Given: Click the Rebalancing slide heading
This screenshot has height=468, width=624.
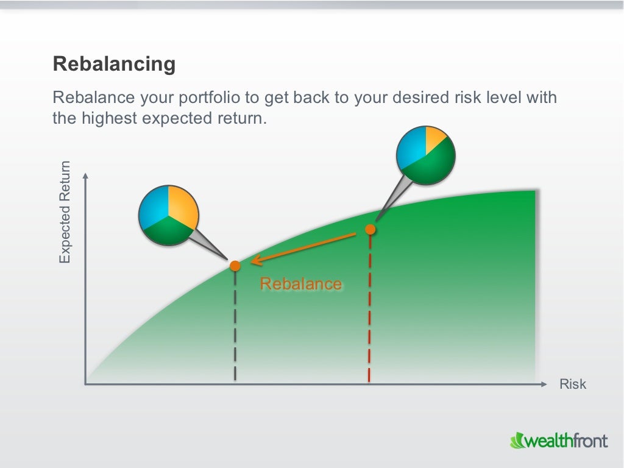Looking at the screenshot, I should (x=114, y=64).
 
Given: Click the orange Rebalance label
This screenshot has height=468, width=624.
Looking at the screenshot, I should (x=300, y=284).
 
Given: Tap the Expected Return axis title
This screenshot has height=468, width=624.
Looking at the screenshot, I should (x=65, y=212).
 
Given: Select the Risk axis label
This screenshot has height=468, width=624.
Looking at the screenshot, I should (x=572, y=384).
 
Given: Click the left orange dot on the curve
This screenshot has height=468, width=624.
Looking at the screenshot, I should (x=235, y=266).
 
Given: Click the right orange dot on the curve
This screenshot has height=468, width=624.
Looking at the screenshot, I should (x=370, y=229).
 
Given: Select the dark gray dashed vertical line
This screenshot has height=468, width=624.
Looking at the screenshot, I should (x=235, y=329).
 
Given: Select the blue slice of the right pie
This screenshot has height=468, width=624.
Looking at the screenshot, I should (x=411, y=149).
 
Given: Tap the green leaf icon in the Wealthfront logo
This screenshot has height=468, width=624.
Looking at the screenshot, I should (x=517, y=440).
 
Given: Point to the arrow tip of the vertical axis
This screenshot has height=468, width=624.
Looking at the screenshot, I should (x=85, y=175).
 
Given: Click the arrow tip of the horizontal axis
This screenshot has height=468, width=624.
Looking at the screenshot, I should (x=544, y=384).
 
